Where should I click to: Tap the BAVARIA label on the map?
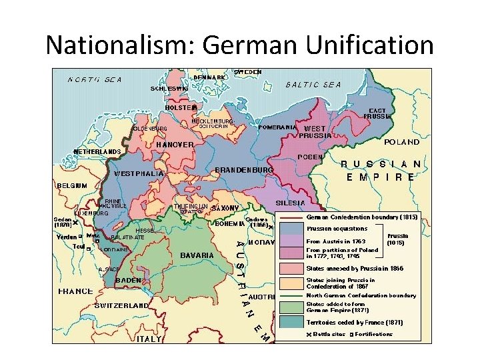coord(197,255)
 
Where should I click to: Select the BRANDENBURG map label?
coord(244,170)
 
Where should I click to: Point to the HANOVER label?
coord(175,145)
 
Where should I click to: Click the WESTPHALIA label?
coord(139,173)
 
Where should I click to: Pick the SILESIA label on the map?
coord(291,203)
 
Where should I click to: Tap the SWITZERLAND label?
coord(121,305)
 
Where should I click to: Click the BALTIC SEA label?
coord(313,85)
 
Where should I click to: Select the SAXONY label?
coord(225,208)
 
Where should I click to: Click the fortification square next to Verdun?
coord(81,236)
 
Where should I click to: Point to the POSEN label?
coord(310,157)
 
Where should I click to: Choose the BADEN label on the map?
coord(128,281)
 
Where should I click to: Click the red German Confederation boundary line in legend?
coord(291,217)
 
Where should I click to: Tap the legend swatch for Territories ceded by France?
coord(291,322)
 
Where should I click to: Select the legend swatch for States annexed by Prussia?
coord(291,269)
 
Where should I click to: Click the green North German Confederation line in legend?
coord(291,295)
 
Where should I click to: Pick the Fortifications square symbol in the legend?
coord(351,334)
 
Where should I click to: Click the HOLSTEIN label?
coord(181,107)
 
